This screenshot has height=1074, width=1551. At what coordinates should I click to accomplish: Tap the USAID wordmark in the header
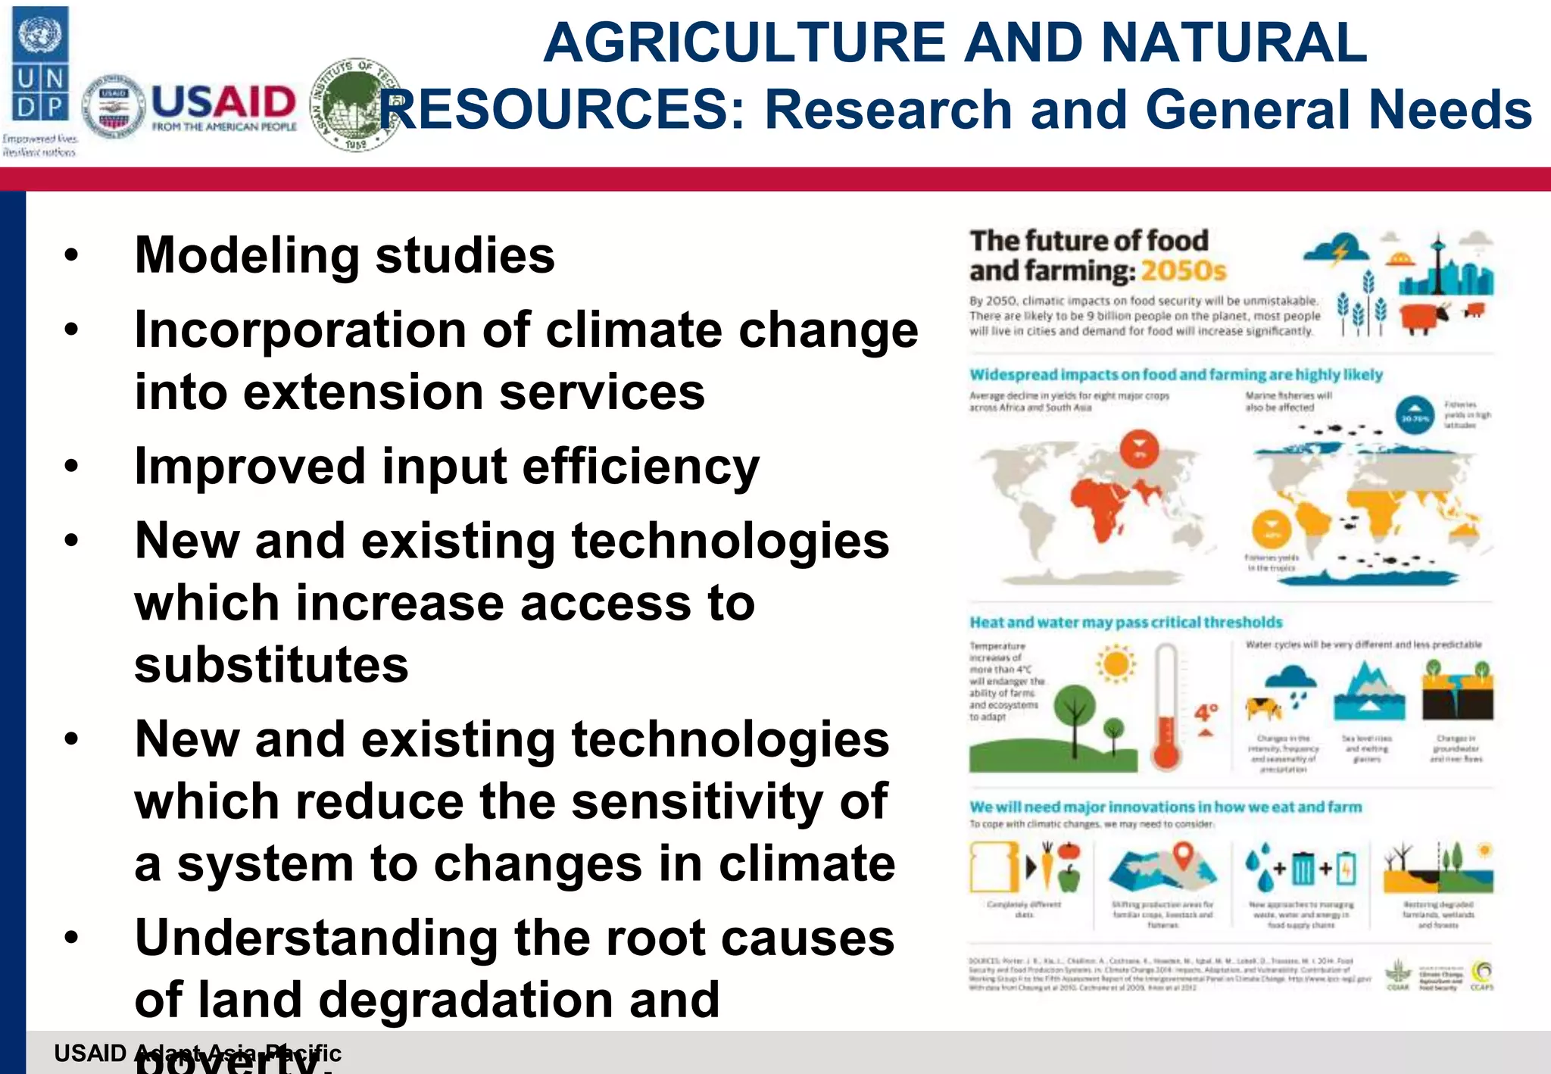224,101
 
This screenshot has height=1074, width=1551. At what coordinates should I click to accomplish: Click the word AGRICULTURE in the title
744,42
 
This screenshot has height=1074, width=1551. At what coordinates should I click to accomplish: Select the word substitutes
271,664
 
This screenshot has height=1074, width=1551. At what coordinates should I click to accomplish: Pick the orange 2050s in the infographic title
1183,271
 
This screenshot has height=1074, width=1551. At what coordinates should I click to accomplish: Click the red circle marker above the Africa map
1140,447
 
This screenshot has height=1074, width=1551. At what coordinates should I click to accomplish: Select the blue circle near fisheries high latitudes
1415,417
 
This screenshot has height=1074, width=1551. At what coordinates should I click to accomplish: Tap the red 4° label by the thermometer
1206,713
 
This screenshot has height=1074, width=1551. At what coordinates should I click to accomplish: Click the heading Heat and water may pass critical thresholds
1125,622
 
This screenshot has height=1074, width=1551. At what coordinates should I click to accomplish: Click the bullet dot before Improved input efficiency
71,467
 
